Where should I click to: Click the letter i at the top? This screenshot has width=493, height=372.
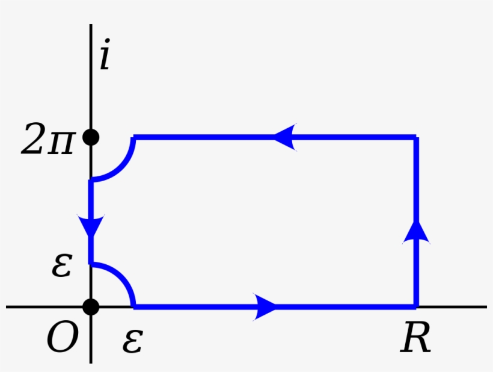(x=105, y=58)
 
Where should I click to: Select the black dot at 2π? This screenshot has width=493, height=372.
(x=91, y=138)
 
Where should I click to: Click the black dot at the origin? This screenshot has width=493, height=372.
(x=91, y=306)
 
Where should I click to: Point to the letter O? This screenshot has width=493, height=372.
(x=63, y=339)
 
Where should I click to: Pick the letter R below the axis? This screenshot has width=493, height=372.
(x=415, y=338)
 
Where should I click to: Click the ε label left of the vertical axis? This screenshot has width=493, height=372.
(x=62, y=265)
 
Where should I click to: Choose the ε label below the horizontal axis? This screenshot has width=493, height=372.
(x=132, y=341)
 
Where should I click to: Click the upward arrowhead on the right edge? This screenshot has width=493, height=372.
(x=415, y=231)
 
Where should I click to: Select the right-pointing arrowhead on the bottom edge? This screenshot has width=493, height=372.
(x=265, y=306)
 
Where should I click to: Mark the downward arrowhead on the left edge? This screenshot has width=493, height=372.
(x=91, y=226)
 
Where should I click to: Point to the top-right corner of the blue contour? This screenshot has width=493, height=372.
(x=415, y=138)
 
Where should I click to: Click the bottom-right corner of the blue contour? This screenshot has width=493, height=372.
(x=415, y=306)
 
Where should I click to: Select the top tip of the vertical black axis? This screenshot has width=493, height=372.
(x=91, y=25)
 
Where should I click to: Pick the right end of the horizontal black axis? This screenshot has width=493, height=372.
(x=486, y=306)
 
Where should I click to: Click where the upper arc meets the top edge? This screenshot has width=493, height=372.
(x=134, y=138)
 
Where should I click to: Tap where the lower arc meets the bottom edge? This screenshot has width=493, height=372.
(x=134, y=306)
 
